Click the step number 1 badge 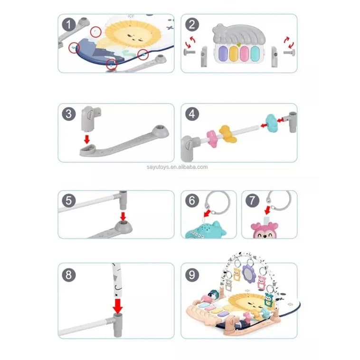point(69,25)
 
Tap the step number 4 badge point(192,114)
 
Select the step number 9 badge point(192,275)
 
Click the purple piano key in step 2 point(223,54)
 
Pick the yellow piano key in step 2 point(234,54)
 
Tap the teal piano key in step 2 point(255,54)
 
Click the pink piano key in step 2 point(244,54)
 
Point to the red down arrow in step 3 point(87,139)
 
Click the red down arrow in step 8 point(118,306)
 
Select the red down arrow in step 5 point(123,216)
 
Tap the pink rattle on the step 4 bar point(212,139)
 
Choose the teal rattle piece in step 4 point(272,123)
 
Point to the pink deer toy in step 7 point(265,230)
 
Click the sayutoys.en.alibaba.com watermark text point(177,167)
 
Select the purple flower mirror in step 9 point(249,273)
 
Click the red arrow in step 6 point(208,213)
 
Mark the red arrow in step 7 point(267,210)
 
